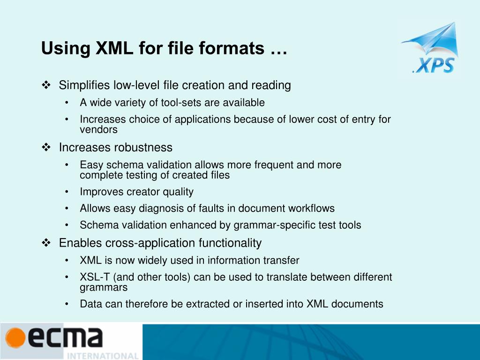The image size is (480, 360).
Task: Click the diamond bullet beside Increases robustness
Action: pyautogui.click(x=46, y=148)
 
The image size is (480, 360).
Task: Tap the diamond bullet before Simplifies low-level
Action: pyautogui.click(x=46, y=85)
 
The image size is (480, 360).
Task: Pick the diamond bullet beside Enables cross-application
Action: pyautogui.click(x=46, y=243)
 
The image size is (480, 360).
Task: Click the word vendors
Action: pyautogui.click(x=98, y=130)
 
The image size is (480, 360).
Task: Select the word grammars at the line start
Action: pyautogui.click(x=104, y=287)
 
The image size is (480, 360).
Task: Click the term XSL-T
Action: pyautogui.click(x=95, y=277)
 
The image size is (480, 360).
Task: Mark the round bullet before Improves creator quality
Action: pyautogui.click(x=68, y=192)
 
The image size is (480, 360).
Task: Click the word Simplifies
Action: pyautogui.click(x=84, y=85)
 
